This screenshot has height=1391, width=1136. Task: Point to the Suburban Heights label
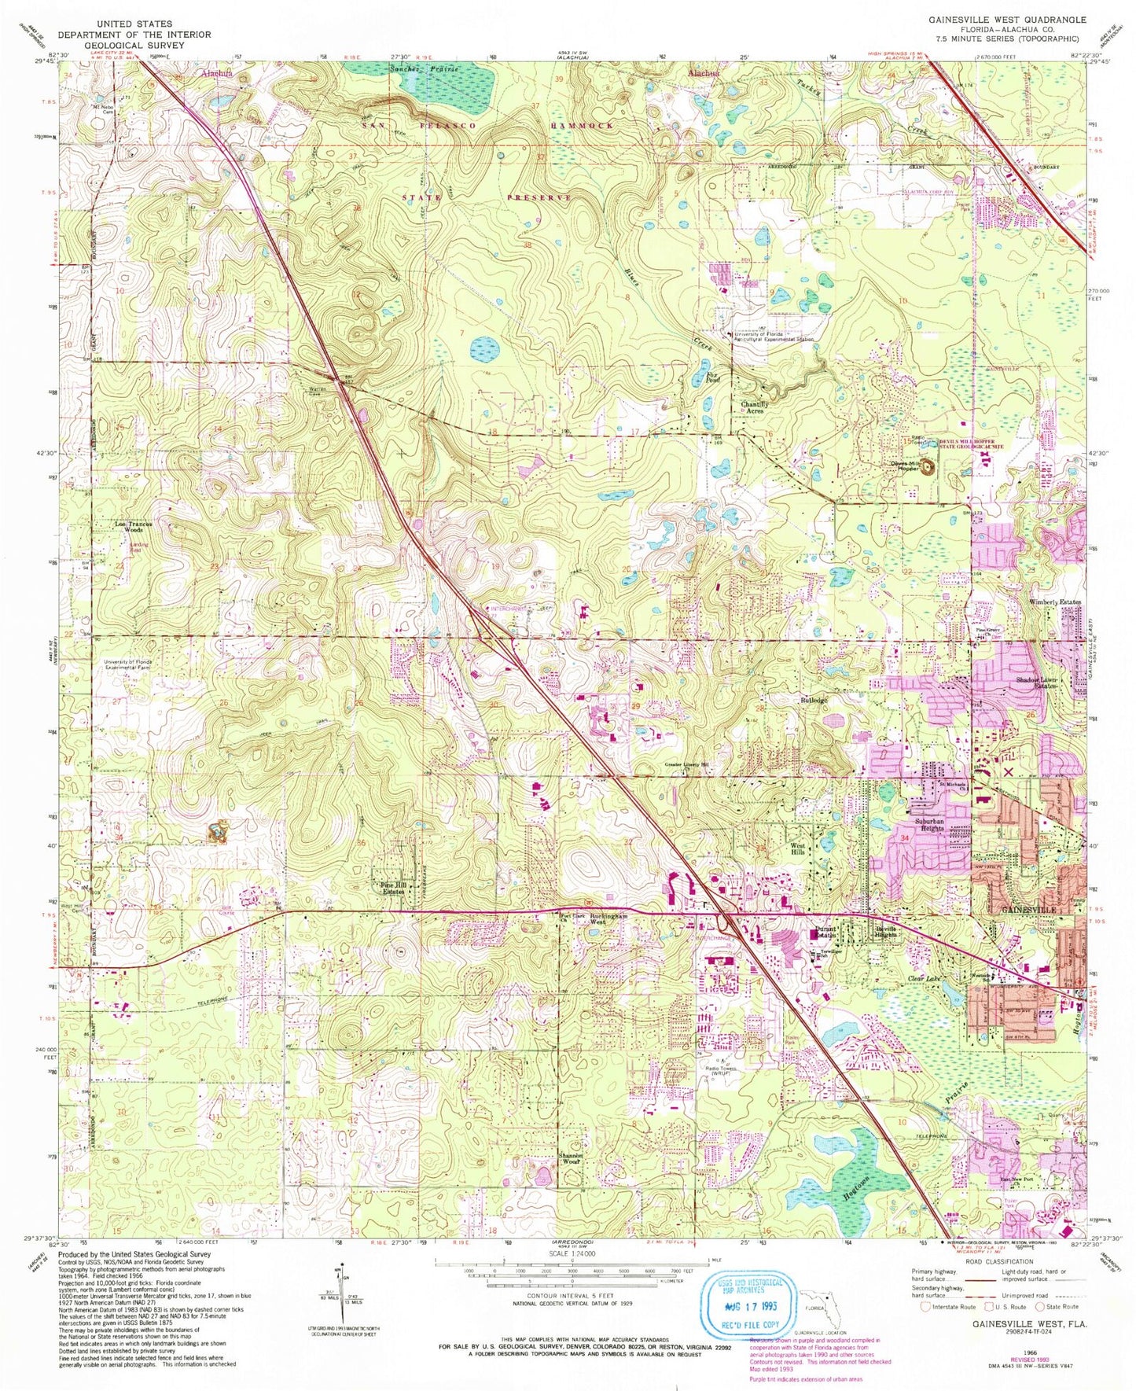point(928,823)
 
